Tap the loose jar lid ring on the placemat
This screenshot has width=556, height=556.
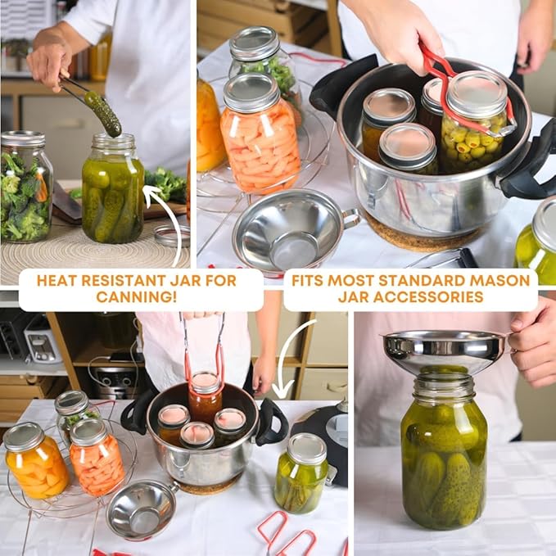coord(172,236)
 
